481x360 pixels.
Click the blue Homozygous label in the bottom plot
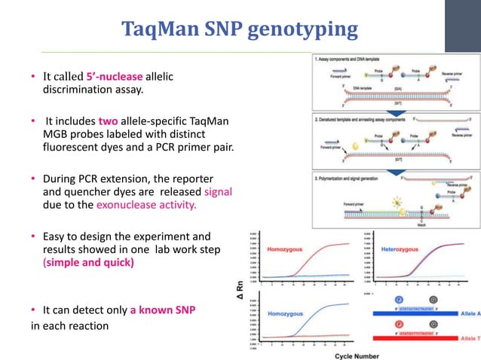point(284,308)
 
